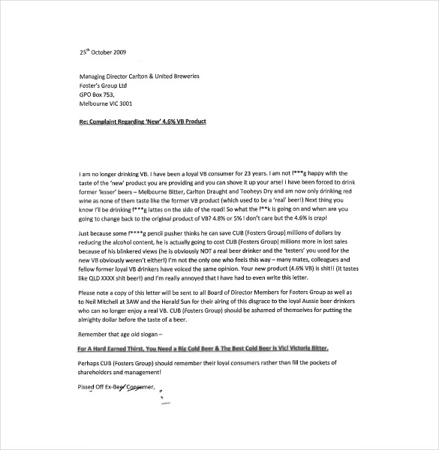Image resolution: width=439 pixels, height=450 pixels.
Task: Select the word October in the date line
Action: (105, 52)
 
